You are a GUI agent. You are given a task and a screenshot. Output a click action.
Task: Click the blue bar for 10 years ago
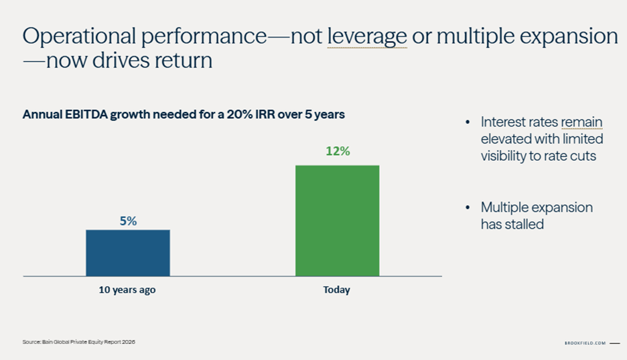pos(128,253)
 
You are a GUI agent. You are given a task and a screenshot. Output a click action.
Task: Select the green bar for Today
pos(338,221)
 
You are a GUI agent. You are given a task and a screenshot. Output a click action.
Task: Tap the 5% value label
pos(129,221)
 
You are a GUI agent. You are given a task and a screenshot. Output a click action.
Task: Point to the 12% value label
pos(338,152)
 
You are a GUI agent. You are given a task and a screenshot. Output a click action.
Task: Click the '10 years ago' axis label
pos(127,290)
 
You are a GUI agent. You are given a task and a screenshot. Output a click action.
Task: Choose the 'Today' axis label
pos(337,290)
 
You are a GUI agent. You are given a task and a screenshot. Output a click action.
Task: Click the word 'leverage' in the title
pos(367,37)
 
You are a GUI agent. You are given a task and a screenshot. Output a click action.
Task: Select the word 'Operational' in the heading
pos(79,37)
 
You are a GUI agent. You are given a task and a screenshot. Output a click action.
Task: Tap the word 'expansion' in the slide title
pos(569,37)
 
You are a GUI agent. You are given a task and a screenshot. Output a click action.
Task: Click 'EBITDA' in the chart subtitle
pos(86,115)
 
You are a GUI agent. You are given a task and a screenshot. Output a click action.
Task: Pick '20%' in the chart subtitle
pos(240,115)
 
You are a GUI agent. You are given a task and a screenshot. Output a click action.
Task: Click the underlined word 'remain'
pos(581,122)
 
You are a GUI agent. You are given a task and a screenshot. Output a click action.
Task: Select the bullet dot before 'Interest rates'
pos(468,122)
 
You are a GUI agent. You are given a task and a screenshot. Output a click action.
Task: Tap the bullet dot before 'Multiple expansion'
pos(468,207)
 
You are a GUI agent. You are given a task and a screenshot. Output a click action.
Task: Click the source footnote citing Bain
pos(79,342)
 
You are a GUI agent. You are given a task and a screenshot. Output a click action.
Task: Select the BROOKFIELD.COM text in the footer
pos(585,343)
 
